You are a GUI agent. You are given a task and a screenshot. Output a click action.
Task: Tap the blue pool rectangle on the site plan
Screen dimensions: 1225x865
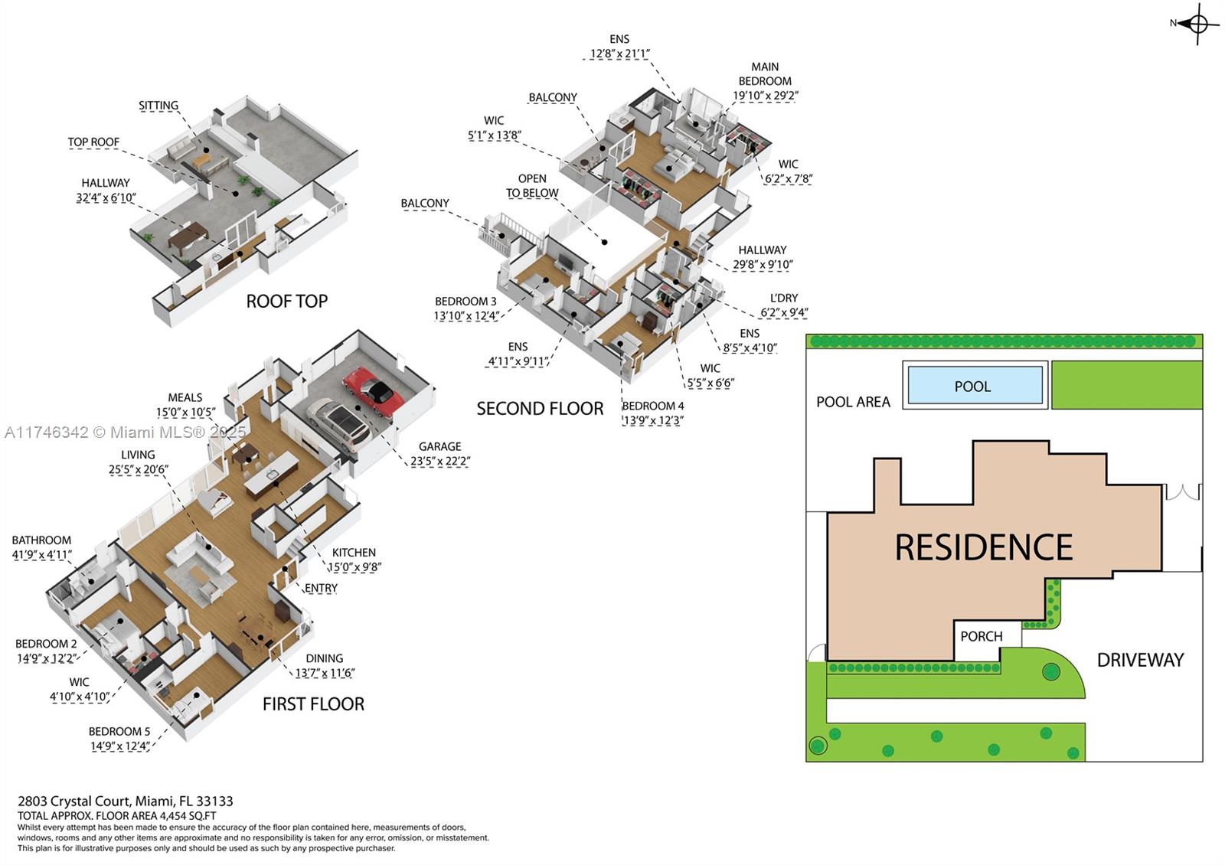[x=975, y=385]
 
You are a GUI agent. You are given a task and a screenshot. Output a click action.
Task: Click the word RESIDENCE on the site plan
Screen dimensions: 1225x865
[x=984, y=547]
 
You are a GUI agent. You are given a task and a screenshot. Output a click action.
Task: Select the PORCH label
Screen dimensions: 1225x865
[x=982, y=636]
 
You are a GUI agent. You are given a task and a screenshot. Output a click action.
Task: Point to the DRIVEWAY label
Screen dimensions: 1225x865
[x=1140, y=660]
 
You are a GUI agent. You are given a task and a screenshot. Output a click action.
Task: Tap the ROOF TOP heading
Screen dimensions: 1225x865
[x=286, y=302]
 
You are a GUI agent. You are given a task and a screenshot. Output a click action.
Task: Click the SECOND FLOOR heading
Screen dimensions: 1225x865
[x=540, y=409]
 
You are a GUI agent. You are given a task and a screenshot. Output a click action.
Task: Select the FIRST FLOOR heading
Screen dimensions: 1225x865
[x=313, y=703]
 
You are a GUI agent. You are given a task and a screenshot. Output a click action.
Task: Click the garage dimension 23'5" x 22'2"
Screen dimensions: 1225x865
[x=440, y=461]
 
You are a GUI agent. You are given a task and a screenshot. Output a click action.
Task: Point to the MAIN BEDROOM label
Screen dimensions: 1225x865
[x=765, y=73]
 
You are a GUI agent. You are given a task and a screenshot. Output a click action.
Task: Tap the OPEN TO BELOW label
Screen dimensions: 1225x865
[x=532, y=186]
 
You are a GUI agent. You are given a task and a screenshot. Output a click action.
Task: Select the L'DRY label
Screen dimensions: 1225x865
[x=784, y=298]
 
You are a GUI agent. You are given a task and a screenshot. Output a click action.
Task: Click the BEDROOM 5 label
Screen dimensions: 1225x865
[x=119, y=732]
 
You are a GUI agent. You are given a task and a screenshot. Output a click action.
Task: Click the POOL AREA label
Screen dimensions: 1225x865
[x=853, y=402]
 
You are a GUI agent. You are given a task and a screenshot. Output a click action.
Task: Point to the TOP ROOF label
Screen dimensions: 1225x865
[x=93, y=142]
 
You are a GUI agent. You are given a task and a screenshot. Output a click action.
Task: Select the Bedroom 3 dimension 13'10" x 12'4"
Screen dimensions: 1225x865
[x=466, y=315]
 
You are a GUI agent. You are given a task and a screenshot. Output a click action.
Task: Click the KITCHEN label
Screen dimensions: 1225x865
[x=354, y=553]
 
